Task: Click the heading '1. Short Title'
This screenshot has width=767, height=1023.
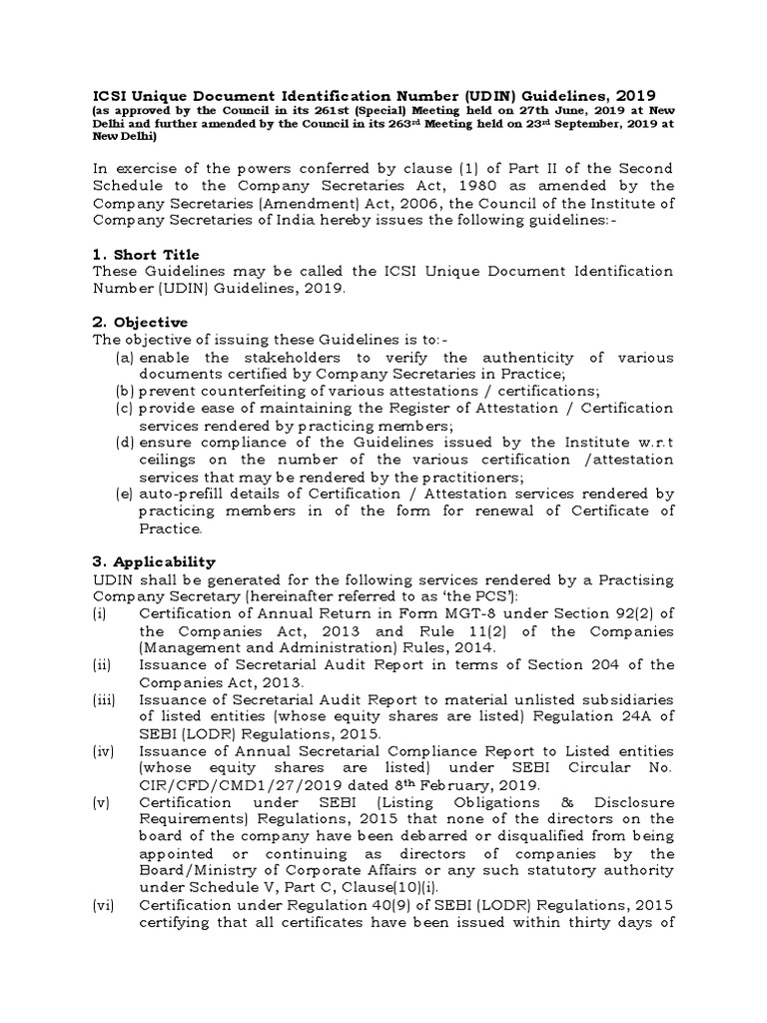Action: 145,255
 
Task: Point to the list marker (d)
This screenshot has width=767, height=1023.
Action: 125,443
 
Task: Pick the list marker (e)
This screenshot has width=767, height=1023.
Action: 125,494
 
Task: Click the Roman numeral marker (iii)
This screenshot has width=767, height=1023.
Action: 104,700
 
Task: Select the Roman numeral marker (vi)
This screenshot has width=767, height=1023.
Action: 103,904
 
